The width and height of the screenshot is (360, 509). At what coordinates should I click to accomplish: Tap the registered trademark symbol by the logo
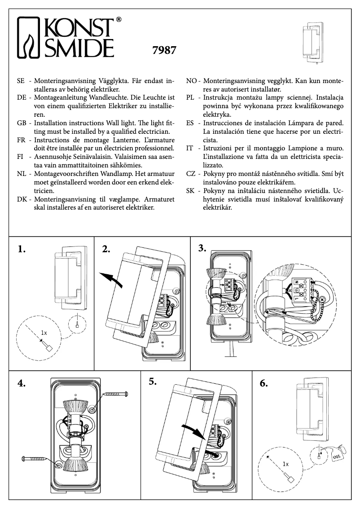(x=119, y=20)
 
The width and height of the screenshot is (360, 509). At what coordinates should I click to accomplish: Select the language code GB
(x=21, y=123)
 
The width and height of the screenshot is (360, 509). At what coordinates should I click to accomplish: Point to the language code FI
(x=20, y=156)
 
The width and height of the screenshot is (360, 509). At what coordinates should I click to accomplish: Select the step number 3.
(x=203, y=248)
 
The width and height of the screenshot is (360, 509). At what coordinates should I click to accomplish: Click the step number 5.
(x=153, y=382)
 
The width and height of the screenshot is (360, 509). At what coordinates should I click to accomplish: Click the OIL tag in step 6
(x=337, y=457)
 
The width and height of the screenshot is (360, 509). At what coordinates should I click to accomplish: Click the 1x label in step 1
(x=44, y=333)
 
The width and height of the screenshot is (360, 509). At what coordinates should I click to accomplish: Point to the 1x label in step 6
(x=286, y=463)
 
